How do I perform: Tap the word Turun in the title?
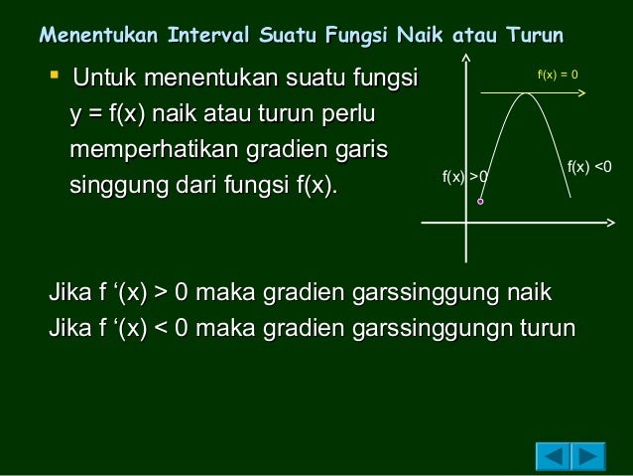[x=535, y=37]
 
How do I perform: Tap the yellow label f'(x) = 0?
[x=558, y=75]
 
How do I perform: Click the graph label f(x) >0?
[x=465, y=177]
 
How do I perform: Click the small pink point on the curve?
[x=480, y=202]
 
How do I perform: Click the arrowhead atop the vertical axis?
[x=465, y=57]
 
